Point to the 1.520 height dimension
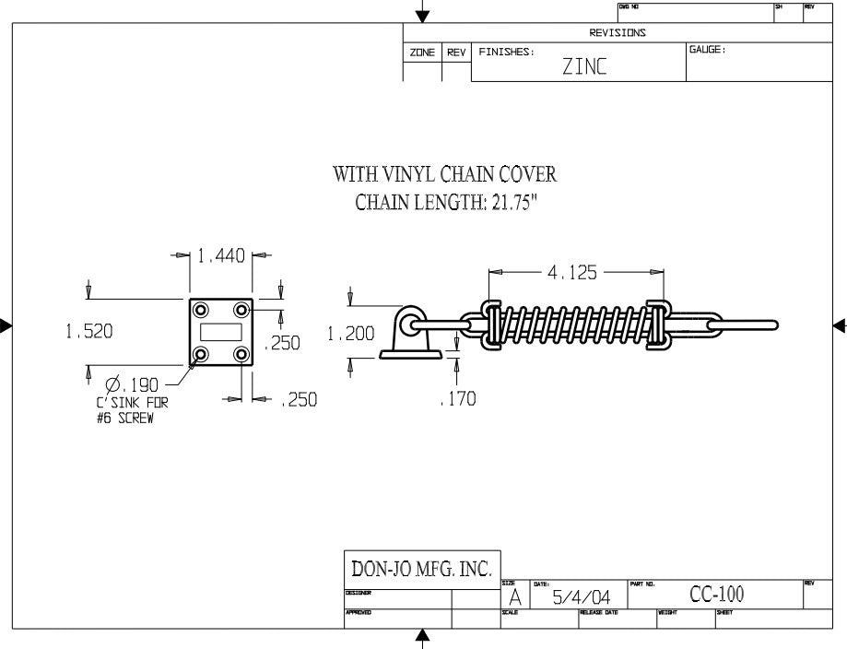pos(89,332)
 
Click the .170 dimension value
pos(458,398)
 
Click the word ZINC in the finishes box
pos(584,68)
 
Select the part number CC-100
pos(717,596)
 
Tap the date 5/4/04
pos(579,598)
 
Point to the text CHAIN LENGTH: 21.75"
pos(446,203)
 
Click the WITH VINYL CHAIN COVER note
pos(444,174)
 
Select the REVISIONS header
pos(618,32)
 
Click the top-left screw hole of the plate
pos(200,309)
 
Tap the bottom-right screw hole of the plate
pos(241,353)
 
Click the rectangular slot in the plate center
pos(220,331)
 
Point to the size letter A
pos(514,599)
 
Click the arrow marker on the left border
pos(6,324)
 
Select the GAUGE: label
pos(708,50)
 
